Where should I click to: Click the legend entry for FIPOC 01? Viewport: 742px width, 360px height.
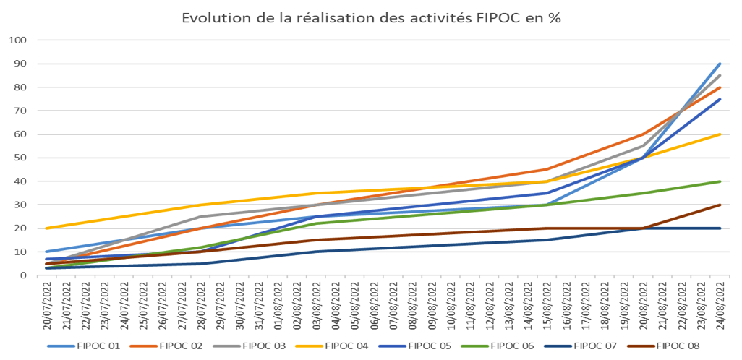(100, 346)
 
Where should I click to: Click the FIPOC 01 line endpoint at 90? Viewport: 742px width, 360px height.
(720, 64)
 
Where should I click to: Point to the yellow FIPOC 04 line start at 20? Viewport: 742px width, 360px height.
(46, 228)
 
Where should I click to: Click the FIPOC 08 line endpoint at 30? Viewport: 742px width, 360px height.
(720, 205)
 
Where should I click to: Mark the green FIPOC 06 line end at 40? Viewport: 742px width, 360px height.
(720, 181)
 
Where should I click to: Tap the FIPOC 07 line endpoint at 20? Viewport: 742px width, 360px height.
(720, 228)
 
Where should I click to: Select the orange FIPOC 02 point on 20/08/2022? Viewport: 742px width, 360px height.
(643, 134)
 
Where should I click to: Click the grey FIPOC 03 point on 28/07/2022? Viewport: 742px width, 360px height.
(200, 216)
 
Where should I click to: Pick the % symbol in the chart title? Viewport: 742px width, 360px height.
(554, 18)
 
